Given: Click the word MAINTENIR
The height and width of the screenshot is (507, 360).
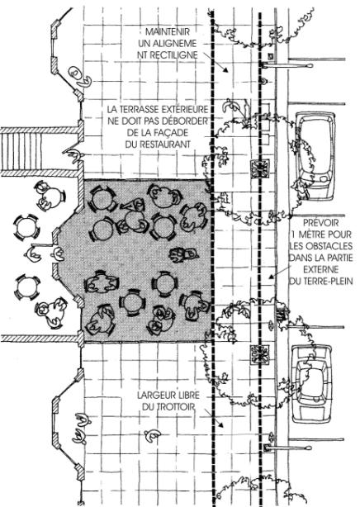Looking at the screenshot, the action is click(168, 31).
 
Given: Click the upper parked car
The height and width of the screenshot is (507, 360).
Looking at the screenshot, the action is click(316, 156).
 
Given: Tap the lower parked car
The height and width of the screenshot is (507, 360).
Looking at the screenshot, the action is click(312, 384).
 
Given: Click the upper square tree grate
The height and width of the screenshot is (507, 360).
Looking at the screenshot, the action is click(260, 168).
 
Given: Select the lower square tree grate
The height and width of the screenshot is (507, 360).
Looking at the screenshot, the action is click(260, 355).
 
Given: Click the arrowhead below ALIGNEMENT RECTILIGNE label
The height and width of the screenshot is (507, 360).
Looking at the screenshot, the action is click(225, 69).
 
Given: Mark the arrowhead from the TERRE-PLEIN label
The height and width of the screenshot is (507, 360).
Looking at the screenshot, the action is click(272, 277).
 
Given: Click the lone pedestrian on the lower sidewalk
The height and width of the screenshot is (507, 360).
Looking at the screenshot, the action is click(152, 435).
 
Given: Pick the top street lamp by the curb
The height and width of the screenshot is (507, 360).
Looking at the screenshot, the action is click(287, 65).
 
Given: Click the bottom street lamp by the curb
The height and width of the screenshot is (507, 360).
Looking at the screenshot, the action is click(287, 448).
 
